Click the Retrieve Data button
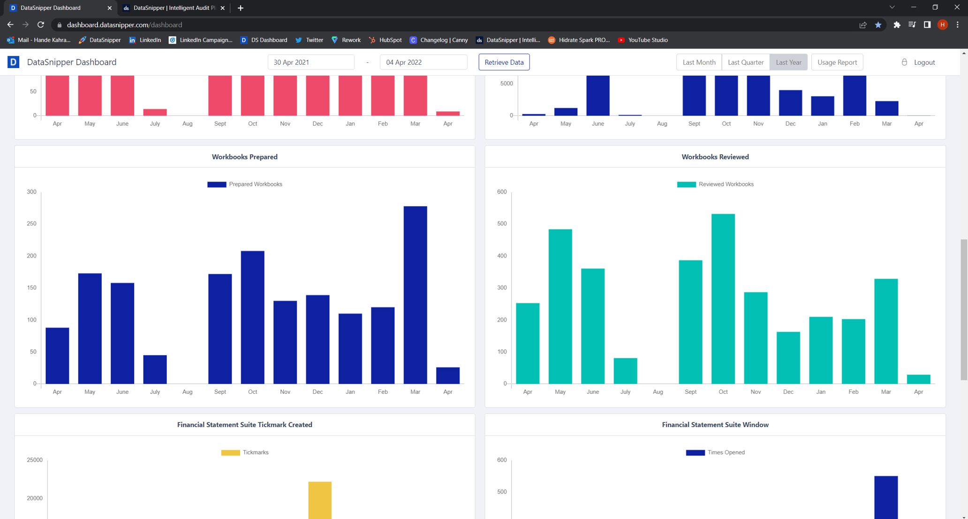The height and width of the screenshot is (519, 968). click(504, 62)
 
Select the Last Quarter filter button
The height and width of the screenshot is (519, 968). click(745, 62)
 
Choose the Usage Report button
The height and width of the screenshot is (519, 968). click(837, 62)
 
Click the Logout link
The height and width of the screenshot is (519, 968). click(923, 62)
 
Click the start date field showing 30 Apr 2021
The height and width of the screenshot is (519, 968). click(310, 62)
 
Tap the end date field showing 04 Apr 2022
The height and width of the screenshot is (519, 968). click(423, 62)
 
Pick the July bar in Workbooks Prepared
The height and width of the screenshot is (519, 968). click(155, 369)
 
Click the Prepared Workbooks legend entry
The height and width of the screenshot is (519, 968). click(245, 184)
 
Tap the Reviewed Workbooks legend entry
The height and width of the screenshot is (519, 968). click(715, 184)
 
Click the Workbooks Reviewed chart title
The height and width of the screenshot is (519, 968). click(715, 157)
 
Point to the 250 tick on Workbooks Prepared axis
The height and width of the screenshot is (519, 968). click(31, 224)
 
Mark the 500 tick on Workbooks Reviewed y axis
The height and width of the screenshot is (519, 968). click(501, 224)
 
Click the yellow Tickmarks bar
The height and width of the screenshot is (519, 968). click(320, 500)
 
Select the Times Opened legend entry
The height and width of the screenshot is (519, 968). click(715, 452)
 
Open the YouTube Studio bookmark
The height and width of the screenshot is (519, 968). click(642, 40)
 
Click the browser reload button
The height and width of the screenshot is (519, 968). click(41, 24)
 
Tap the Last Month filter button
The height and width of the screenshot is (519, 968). click(698, 62)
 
